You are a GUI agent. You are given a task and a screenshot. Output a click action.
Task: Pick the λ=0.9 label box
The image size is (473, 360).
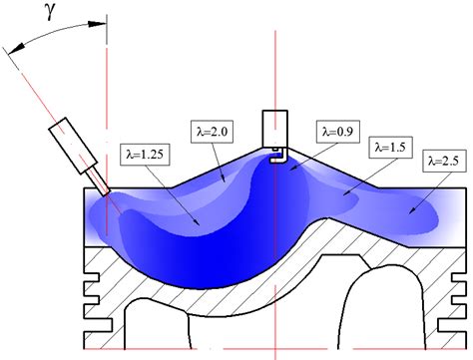click(x=336, y=130)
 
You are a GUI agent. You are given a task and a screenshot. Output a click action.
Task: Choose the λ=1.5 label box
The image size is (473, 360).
click(x=391, y=146)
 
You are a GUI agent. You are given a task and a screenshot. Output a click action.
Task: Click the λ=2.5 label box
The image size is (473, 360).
click(x=446, y=159)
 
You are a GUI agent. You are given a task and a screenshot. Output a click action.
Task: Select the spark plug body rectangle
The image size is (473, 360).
click(x=274, y=126)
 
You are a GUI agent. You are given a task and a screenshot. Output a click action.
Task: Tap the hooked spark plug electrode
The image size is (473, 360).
click(x=281, y=153)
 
